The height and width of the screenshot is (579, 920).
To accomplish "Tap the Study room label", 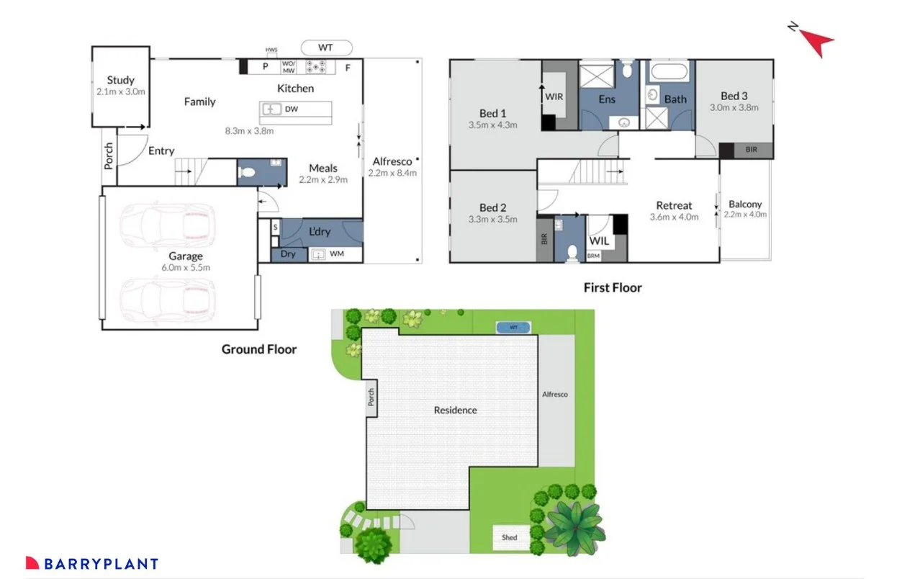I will (121, 81).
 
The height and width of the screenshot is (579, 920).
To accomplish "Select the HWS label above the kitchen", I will (271, 50).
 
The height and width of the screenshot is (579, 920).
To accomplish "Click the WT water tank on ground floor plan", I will (326, 48).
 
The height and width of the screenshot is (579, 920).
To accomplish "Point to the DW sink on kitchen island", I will (273, 109).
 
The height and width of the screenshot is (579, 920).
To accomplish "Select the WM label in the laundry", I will (337, 254).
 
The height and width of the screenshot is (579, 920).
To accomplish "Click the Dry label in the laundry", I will (288, 254).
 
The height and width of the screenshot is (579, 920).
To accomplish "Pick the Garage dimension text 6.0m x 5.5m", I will (186, 267).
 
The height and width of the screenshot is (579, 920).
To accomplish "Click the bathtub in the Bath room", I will (669, 72).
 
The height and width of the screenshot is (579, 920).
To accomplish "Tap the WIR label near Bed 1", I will (554, 96).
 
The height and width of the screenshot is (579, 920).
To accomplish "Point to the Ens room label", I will (607, 99).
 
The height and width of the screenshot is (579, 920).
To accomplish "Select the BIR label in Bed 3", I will (752, 151).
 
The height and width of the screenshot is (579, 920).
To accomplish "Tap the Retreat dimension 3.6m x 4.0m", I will (674, 217).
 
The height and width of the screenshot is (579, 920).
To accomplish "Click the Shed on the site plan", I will (510, 537).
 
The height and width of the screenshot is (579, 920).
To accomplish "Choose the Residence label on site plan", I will (455, 410).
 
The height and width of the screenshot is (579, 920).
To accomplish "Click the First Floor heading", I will (612, 287).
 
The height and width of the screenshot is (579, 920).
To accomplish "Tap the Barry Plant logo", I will (92, 564).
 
